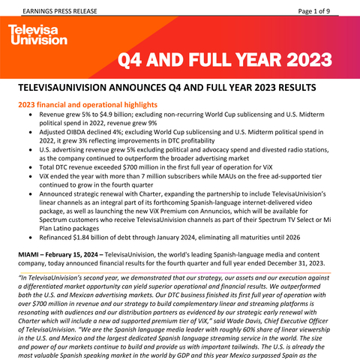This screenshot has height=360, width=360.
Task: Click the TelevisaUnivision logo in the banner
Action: (37, 34)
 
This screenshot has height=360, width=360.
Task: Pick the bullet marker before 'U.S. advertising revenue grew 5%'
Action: (28, 152)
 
